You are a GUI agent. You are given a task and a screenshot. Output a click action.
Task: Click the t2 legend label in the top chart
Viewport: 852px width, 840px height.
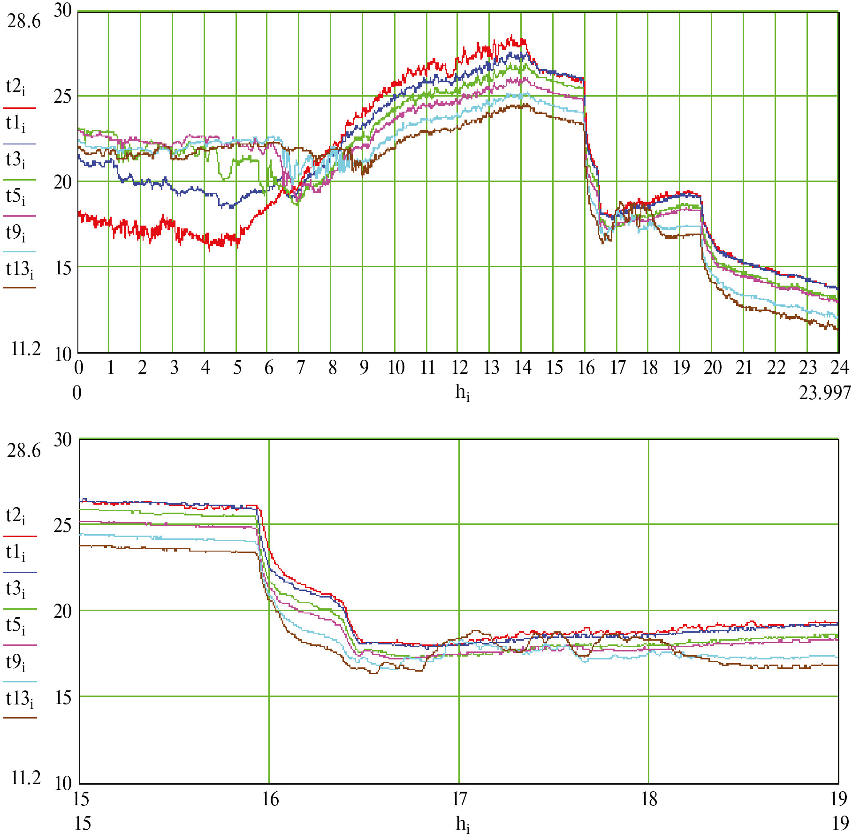click(15, 88)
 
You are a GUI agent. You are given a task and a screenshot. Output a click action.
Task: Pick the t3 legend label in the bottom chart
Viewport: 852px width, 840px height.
click(15, 590)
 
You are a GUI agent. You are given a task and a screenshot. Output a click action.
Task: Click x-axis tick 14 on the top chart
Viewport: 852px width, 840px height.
click(523, 367)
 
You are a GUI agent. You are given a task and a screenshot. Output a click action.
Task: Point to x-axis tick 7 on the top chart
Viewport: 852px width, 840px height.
click(301, 367)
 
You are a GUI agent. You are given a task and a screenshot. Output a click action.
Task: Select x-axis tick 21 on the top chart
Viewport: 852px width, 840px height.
click(745, 367)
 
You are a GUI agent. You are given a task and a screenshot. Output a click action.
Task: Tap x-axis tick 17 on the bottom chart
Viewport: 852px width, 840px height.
click(460, 799)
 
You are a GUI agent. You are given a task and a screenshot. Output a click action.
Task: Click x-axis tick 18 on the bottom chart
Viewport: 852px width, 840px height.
click(649, 799)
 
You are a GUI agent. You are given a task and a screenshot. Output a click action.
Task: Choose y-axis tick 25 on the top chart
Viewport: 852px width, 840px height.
click(62, 97)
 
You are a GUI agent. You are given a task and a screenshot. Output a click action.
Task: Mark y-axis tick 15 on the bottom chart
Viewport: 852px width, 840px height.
click(62, 697)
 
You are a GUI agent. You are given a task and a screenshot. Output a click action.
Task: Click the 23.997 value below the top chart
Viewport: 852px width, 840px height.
click(824, 393)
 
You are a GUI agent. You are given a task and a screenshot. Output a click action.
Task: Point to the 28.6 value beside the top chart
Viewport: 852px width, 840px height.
click(24, 22)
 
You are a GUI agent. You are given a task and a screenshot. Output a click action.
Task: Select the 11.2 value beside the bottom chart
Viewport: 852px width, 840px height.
click(26, 778)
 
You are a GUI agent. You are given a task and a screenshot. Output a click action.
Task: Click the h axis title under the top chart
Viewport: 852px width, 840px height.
click(463, 393)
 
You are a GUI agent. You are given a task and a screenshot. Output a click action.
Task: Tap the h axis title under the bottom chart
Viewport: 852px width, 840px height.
click(463, 824)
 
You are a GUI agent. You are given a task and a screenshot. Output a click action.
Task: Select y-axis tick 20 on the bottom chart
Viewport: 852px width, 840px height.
click(62, 611)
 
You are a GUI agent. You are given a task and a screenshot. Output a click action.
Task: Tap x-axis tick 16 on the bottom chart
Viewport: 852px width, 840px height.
click(271, 799)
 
